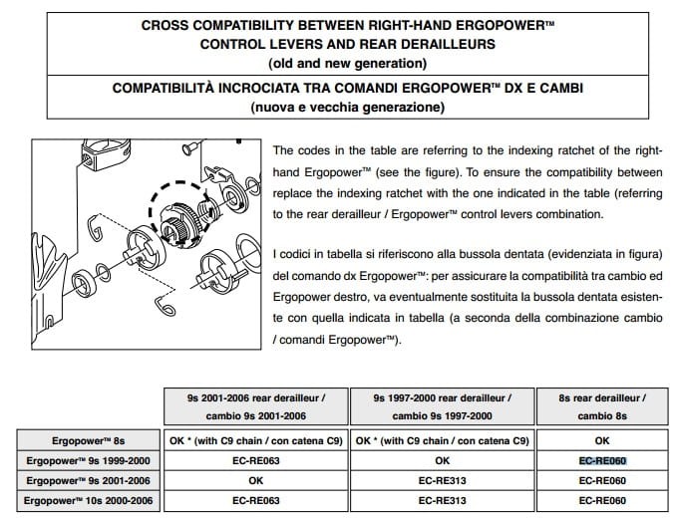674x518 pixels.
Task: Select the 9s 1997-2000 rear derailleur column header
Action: click(x=443, y=405)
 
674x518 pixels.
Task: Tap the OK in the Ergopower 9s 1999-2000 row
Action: click(x=443, y=461)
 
